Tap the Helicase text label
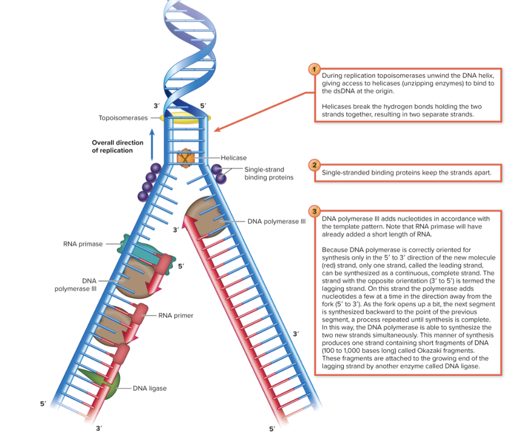[233, 157]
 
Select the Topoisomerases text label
[123, 118]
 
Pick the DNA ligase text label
[150, 388]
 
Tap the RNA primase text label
[83, 244]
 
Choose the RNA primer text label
[176, 315]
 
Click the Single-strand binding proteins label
[268, 173]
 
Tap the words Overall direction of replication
[117, 146]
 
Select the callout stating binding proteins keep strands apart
[407, 173]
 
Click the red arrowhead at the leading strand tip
[190, 223]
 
